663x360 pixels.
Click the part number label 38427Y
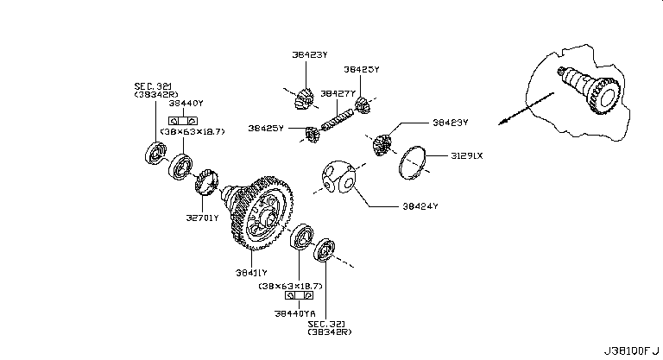point(336,93)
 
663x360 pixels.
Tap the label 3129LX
point(467,156)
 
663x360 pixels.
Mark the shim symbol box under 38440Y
point(183,119)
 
